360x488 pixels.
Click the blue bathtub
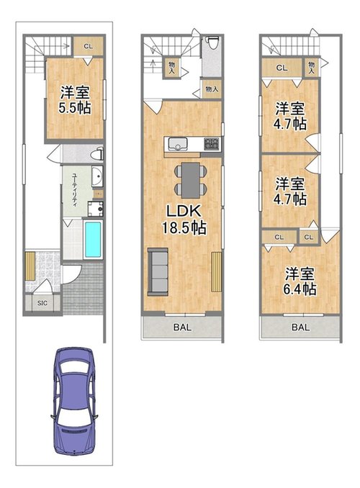94,240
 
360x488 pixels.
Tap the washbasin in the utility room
96,176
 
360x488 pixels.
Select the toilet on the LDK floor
212,45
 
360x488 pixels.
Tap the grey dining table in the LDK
188,179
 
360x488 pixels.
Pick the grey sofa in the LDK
157,270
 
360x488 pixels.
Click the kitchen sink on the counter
179,143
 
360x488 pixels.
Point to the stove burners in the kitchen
211,143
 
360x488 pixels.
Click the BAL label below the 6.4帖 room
300,327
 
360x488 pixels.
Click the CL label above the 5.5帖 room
88,47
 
